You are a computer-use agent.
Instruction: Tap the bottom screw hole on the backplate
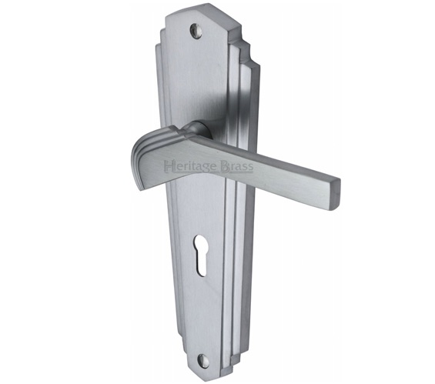(x=202, y=359)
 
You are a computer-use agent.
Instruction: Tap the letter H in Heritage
(x=169, y=166)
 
